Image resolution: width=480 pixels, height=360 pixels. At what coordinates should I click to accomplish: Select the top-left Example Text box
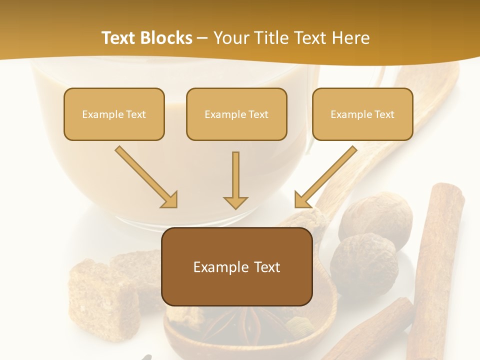click(114, 114)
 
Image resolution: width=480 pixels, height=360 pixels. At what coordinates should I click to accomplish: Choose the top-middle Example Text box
click(236, 114)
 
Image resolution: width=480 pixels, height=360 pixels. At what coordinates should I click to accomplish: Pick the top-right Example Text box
click(362, 114)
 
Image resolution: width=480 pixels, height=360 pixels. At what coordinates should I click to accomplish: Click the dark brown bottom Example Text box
click(237, 266)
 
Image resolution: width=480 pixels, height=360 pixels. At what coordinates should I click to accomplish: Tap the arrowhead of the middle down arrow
click(235, 202)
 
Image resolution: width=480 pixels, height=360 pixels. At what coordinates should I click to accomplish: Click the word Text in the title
click(119, 38)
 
